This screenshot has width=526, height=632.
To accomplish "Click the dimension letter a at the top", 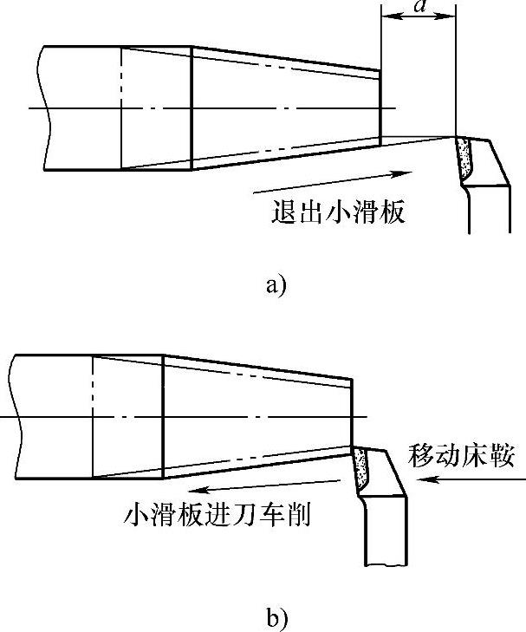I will click(x=420, y=7).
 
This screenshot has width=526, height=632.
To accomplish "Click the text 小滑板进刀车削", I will click(x=218, y=514).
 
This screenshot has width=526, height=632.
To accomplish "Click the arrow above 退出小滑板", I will click(x=330, y=181).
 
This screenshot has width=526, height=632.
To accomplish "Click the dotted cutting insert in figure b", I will click(x=360, y=468).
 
